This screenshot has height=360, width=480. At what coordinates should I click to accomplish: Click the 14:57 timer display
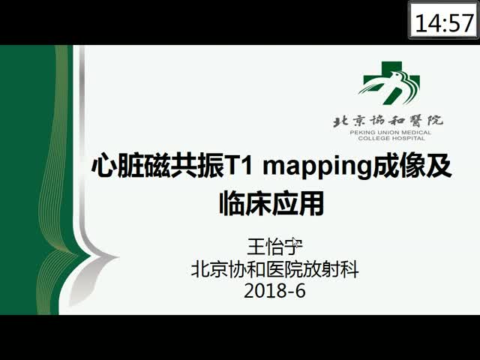(x=443, y=20)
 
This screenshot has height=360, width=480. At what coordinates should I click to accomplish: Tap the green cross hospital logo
(x=389, y=82)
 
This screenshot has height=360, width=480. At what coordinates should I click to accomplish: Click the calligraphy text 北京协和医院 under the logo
(x=388, y=121)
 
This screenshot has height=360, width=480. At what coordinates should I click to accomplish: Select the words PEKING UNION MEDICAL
(x=391, y=133)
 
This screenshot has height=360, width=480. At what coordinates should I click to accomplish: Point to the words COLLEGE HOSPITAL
(x=391, y=138)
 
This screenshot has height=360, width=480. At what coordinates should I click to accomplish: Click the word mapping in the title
(x=317, y=168)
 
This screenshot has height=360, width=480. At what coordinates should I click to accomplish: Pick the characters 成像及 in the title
(x=411, y=166)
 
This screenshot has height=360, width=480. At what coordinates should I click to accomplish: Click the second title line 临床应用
(x=271, y=203)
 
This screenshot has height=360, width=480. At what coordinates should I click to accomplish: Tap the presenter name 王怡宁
(x=274, y=247)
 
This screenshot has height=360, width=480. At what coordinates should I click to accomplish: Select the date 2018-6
(x=274, y=290)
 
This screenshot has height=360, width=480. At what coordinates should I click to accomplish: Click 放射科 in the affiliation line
(x=331, y=269)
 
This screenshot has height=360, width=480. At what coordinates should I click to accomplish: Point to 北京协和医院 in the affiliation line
(x=247, y=269)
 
